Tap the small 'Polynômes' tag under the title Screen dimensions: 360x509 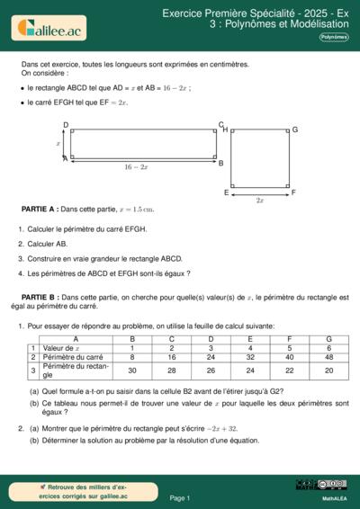pyautogui.click(x=333, y=37)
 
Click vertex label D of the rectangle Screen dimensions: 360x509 pyautogui.click(x=66, y=125)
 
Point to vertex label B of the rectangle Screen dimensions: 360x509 pyautogui.click(x=220, y=164)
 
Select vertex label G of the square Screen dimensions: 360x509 pyautogui.click(x=294, y=130)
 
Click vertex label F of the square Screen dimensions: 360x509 pyautogui.click(x=293, y=192)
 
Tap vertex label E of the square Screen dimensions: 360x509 pyautogui.click(x=226, y=192)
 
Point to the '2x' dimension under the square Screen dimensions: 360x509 pyautogui.click(x=260, y=200)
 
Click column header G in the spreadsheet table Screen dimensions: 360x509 pyautogui.click(x=328, y=338)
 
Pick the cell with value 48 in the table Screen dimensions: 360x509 pyautogui.click(x=328, y=357)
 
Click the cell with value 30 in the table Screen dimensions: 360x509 pyautogui.click(x=132, y=370)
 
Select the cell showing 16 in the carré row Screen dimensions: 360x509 pyautogui.click(x=171, y=357)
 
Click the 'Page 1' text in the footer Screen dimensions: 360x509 pyautogui.click(x=179, y=497)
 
